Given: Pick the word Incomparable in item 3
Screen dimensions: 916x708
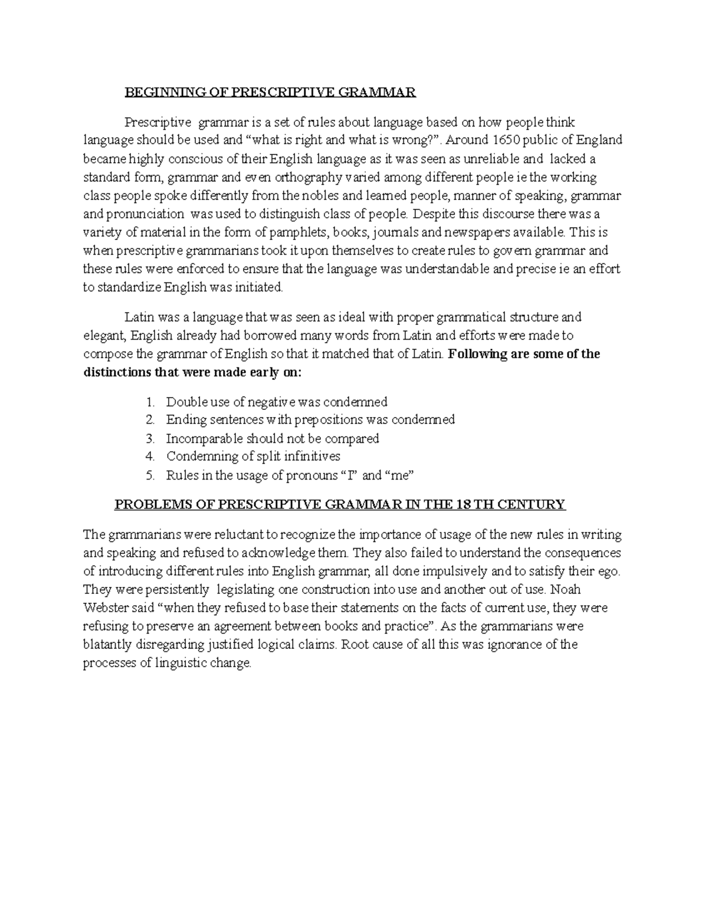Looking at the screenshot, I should click(x=204, y=439).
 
